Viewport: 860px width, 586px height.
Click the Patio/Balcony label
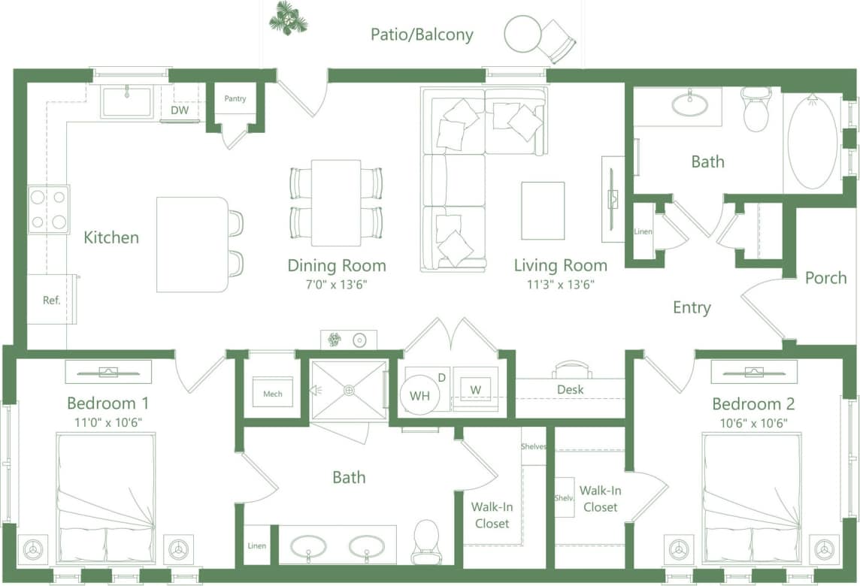pyautogui.click(x=422, y=35)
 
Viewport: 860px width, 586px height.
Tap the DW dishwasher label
pyautogui.click(x=179, y=110)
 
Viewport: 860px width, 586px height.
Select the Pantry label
pyautogui.click(x=235, y=98)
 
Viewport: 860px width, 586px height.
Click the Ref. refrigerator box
pyautogui.click(x=51, y=300)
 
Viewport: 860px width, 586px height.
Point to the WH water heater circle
pyautogui.click(x=419, y=396)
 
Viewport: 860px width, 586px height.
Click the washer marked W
pyautogui.click(x=475, y=390)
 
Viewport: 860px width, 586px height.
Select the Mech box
pyautogui.click(x=272, y=394)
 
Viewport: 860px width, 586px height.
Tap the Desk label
pyautogui.click(x=571, y=389)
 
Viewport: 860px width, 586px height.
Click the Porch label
pyautogui.click(x=825, y=278)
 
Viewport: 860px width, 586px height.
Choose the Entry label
pyautogui.click(x=692, y=307)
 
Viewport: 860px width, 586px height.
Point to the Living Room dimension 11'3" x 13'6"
pyautogui.click(x=560, y=285)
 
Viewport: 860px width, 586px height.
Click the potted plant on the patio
pyautogui.click(x=288, y=18)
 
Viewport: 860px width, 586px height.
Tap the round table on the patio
pyautogui.click(x=522, y=34)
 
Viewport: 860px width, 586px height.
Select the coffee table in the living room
pyautogui.click(x=543, y=210)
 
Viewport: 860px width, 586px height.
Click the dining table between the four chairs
pyautogui.click(x=336, y=203)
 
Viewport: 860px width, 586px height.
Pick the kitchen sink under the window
pyautogui.click(x=126, y=101)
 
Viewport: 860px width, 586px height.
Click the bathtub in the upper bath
pyautogui.click(x=812, y=141)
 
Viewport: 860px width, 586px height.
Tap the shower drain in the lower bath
pyautogui.click(x=349, y=390)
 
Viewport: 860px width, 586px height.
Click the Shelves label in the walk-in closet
pyautogui.click(x=533, y=446)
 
